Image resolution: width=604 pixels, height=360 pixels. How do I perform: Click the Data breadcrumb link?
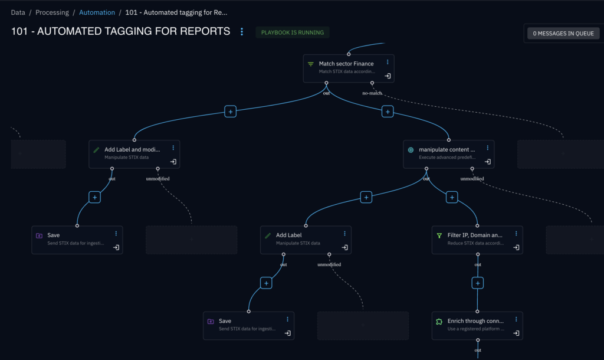coord(18,12)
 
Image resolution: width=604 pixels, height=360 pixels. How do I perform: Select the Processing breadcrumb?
coord(52,12)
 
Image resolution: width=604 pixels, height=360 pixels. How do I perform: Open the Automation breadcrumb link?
coord(97,12)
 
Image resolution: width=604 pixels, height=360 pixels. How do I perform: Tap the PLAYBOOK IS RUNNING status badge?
coord(292,32)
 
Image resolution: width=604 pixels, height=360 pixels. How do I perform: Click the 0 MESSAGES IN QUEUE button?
coord(563,34)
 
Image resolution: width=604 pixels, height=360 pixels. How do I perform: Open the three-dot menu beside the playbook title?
coord(242,32)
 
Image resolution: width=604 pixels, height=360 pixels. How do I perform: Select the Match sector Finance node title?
coord(346,64)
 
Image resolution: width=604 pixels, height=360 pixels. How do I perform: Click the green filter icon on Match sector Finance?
coord(311,64)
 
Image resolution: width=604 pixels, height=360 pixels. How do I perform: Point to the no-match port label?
coord(372,93)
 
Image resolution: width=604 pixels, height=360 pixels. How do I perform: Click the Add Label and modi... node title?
coord(132,150)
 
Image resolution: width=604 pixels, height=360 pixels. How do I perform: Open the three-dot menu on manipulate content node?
coord(487,148)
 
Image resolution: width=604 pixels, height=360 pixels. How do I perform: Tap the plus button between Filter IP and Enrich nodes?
coord(478,283)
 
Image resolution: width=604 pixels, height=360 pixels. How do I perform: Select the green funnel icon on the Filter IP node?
coord(439,235)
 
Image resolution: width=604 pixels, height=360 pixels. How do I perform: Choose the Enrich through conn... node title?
coord(475,321)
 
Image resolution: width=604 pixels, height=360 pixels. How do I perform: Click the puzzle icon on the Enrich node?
coord(439,322)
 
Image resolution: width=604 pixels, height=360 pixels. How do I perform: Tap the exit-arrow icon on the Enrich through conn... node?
coord(516,333)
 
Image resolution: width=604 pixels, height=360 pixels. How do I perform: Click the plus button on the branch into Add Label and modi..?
coord(230,111)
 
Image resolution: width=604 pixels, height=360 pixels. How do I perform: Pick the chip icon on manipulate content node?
coord(411,150)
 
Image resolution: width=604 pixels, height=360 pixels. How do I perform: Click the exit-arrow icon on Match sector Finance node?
coord(388,76)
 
